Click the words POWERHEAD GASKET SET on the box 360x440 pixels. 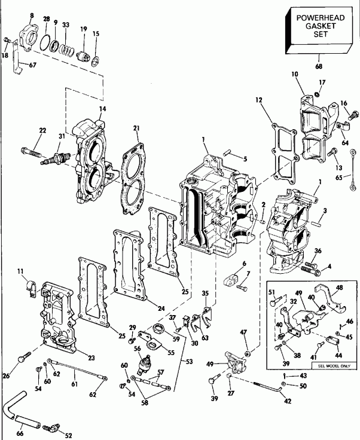(318, 26)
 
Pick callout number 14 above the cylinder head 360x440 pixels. (86, 109)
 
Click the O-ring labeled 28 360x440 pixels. (45, 43)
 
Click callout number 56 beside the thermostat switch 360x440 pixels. (136, 350)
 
